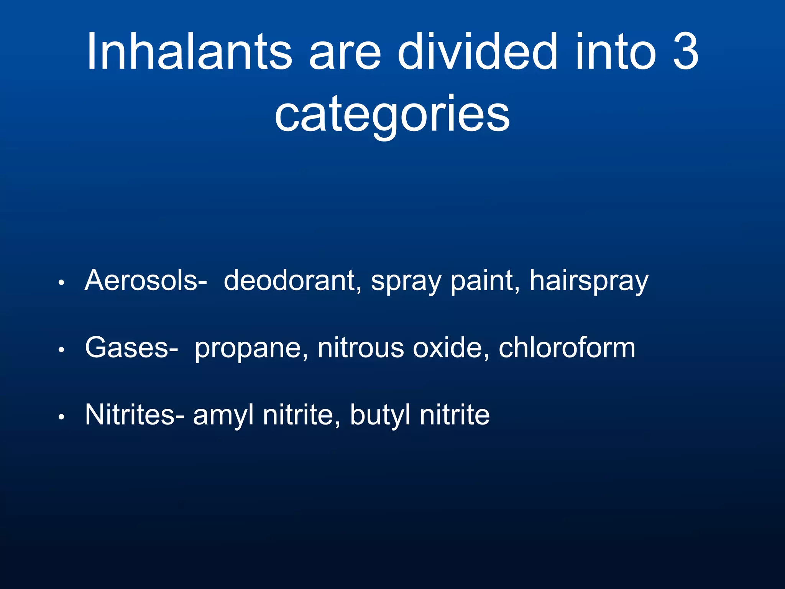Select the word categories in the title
click(x=392, y=114)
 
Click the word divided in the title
click(x=477, y=51)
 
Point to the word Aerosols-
click(x=146, y=281)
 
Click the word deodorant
click(x=292, y=281)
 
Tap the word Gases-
click(x=131, y=348)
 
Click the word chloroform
click(x=567, y=348)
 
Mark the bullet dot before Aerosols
click(x=61, y=283)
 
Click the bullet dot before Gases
click(x=61, y=350)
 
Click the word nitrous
click(x=361, y=348)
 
